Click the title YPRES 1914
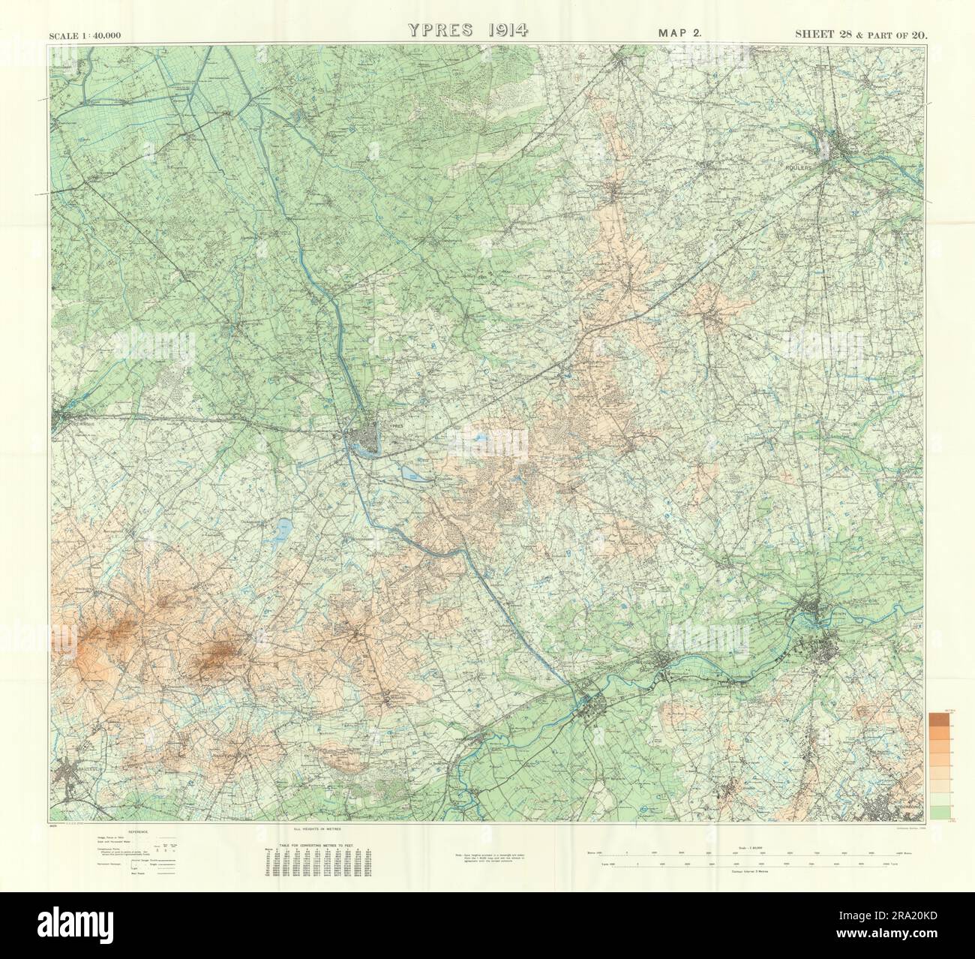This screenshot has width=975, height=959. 469,30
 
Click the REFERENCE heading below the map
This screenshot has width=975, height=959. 140,833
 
